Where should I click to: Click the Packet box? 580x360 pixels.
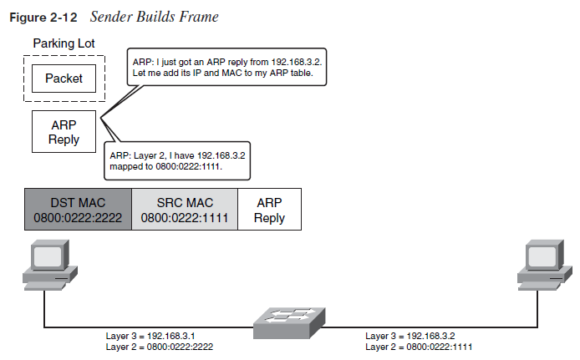tap(64, 80)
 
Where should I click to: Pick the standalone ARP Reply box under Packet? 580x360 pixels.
tap(64, 131)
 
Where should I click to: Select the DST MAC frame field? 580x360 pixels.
tap(78, 210)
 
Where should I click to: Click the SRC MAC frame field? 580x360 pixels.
tap(185, 210)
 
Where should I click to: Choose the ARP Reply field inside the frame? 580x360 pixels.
tap(270, 210)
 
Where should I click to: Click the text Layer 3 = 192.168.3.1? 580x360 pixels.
tap(150, 335)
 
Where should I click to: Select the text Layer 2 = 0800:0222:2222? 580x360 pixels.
tap(160, 346)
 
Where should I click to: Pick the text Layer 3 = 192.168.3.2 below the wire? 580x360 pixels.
tap(410, 335)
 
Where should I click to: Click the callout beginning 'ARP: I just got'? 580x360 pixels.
tap(228, 68)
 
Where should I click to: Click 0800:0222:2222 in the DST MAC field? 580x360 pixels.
tap(78, 218)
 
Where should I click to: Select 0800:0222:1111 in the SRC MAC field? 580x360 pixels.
tap(185, 218)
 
